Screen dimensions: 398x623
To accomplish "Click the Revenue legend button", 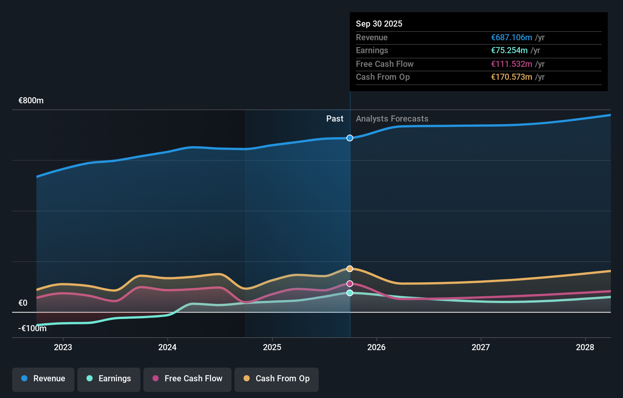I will pos(43,379).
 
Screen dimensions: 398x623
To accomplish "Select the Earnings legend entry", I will pos(109,379).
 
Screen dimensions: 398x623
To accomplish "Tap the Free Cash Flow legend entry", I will pos(187,379).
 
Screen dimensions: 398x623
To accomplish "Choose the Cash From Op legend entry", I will pos(277,379).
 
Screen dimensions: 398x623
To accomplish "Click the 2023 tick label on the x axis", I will pos(63,347).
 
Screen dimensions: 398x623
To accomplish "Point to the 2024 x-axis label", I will pos(167,347).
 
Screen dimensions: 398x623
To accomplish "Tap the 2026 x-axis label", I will pos(376,347).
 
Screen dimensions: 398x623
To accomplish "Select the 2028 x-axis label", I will pos(585,347).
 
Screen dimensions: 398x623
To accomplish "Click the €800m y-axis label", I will pos(31,101).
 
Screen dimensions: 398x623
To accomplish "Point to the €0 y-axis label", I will pos(23,303).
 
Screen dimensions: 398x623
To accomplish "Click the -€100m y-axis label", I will pos(33,329).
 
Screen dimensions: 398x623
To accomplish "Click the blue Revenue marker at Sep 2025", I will pos(350,138).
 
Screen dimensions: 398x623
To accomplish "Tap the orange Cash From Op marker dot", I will pos(350,269).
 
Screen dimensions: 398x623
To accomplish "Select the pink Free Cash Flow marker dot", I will pos(350,284).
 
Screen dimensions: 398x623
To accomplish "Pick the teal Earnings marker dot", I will pos(350,293).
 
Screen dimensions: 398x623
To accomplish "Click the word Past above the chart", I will pos(335,119).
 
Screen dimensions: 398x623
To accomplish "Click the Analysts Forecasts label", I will pos(392,119).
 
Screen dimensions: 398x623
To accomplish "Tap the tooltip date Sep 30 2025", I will pos(379,24).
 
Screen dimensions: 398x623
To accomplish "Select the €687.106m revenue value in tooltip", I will pos(511,38).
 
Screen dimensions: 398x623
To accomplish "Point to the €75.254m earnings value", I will pos(509,51).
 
